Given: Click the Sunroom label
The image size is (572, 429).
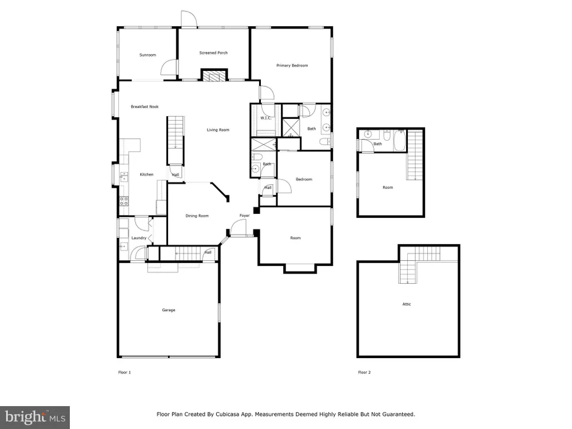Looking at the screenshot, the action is click(x=148, y=55).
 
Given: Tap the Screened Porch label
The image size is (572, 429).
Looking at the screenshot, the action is click(x=213, y=53).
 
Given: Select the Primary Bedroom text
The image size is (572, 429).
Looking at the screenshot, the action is click(x=292, y=66).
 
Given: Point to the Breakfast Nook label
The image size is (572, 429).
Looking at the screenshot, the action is click(x=145, y=107).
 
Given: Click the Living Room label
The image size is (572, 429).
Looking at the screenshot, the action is click(x=218, y=130).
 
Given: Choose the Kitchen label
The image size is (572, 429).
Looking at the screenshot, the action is click(x=146, y=174).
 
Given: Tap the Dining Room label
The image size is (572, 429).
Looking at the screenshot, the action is click(x=197, y=216).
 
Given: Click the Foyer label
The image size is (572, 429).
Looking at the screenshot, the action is click(x=244, y=216).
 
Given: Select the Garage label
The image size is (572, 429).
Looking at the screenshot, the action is click(x=169, y=310).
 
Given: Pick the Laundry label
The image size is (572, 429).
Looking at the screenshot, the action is click(x=138, y=238).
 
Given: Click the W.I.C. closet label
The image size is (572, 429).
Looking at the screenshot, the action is click(x=265, y=118).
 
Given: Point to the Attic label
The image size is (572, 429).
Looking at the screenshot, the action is click(x=406, y=304).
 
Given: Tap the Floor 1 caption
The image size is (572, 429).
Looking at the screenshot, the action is click(x=124, y=372).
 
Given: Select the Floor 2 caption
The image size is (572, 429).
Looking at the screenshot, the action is click(x=364, y=372).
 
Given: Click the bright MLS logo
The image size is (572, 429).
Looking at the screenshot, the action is click(x=35, y=418).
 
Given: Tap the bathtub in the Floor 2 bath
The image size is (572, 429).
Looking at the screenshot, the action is click(x=399, y=141).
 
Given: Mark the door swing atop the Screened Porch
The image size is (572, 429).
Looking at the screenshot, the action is click(x=189, y=19).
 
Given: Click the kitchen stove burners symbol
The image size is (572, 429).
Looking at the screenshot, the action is click(x=124, y=200).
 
